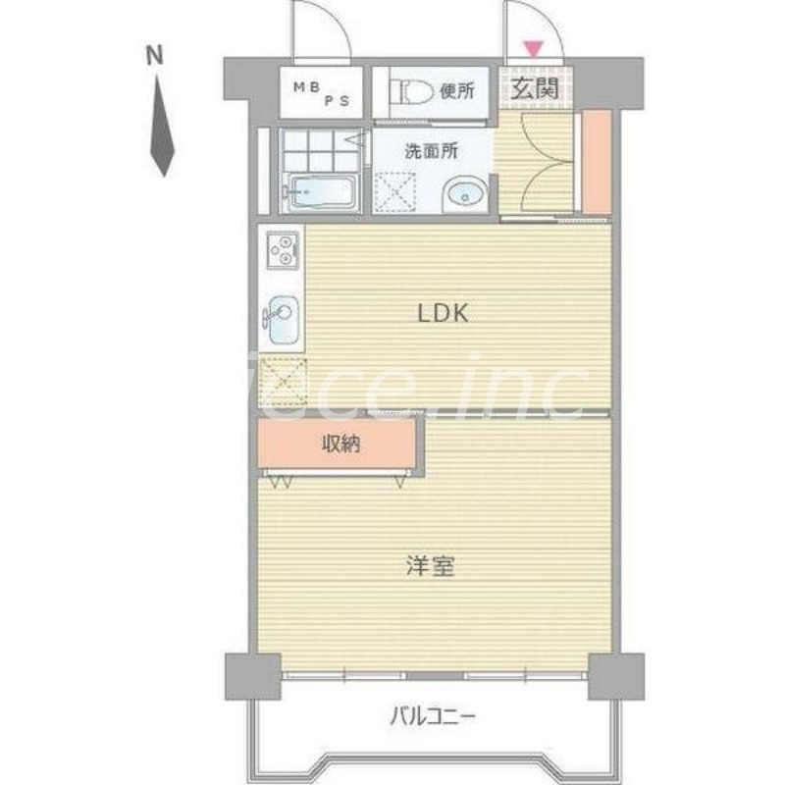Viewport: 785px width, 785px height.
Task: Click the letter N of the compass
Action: (x=154, y=57)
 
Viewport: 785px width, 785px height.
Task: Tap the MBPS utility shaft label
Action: (x=320, y=91)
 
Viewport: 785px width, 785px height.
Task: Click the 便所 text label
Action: (x=457, y=91)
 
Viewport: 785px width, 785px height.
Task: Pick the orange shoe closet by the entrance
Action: (x=597, y=162)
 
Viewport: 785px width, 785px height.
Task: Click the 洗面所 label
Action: (x=432, y=152)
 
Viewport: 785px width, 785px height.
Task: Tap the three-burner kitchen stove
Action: (x=281, y=250)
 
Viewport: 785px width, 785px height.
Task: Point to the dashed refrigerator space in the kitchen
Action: (x=283, y=383)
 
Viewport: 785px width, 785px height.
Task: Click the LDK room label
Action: (x=446, y=314)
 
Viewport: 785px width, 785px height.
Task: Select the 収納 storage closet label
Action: (x=341, y=445)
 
